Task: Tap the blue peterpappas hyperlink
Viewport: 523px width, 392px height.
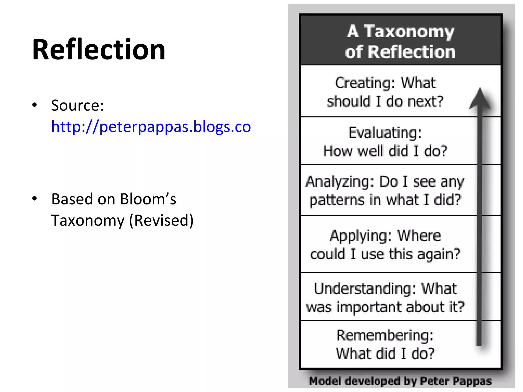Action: [x=151, y=126]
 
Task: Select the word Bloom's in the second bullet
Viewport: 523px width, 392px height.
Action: [x=148, y=199]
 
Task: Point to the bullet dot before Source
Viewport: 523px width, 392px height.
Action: [x=35, y=105]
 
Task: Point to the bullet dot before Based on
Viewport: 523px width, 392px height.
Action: [x=35, y=199]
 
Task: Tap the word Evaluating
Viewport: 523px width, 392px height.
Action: [x=385, y=133]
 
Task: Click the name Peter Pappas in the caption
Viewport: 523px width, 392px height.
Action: [x=456, y=381]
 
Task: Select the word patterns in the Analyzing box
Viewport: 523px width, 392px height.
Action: [x=337, y=200]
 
